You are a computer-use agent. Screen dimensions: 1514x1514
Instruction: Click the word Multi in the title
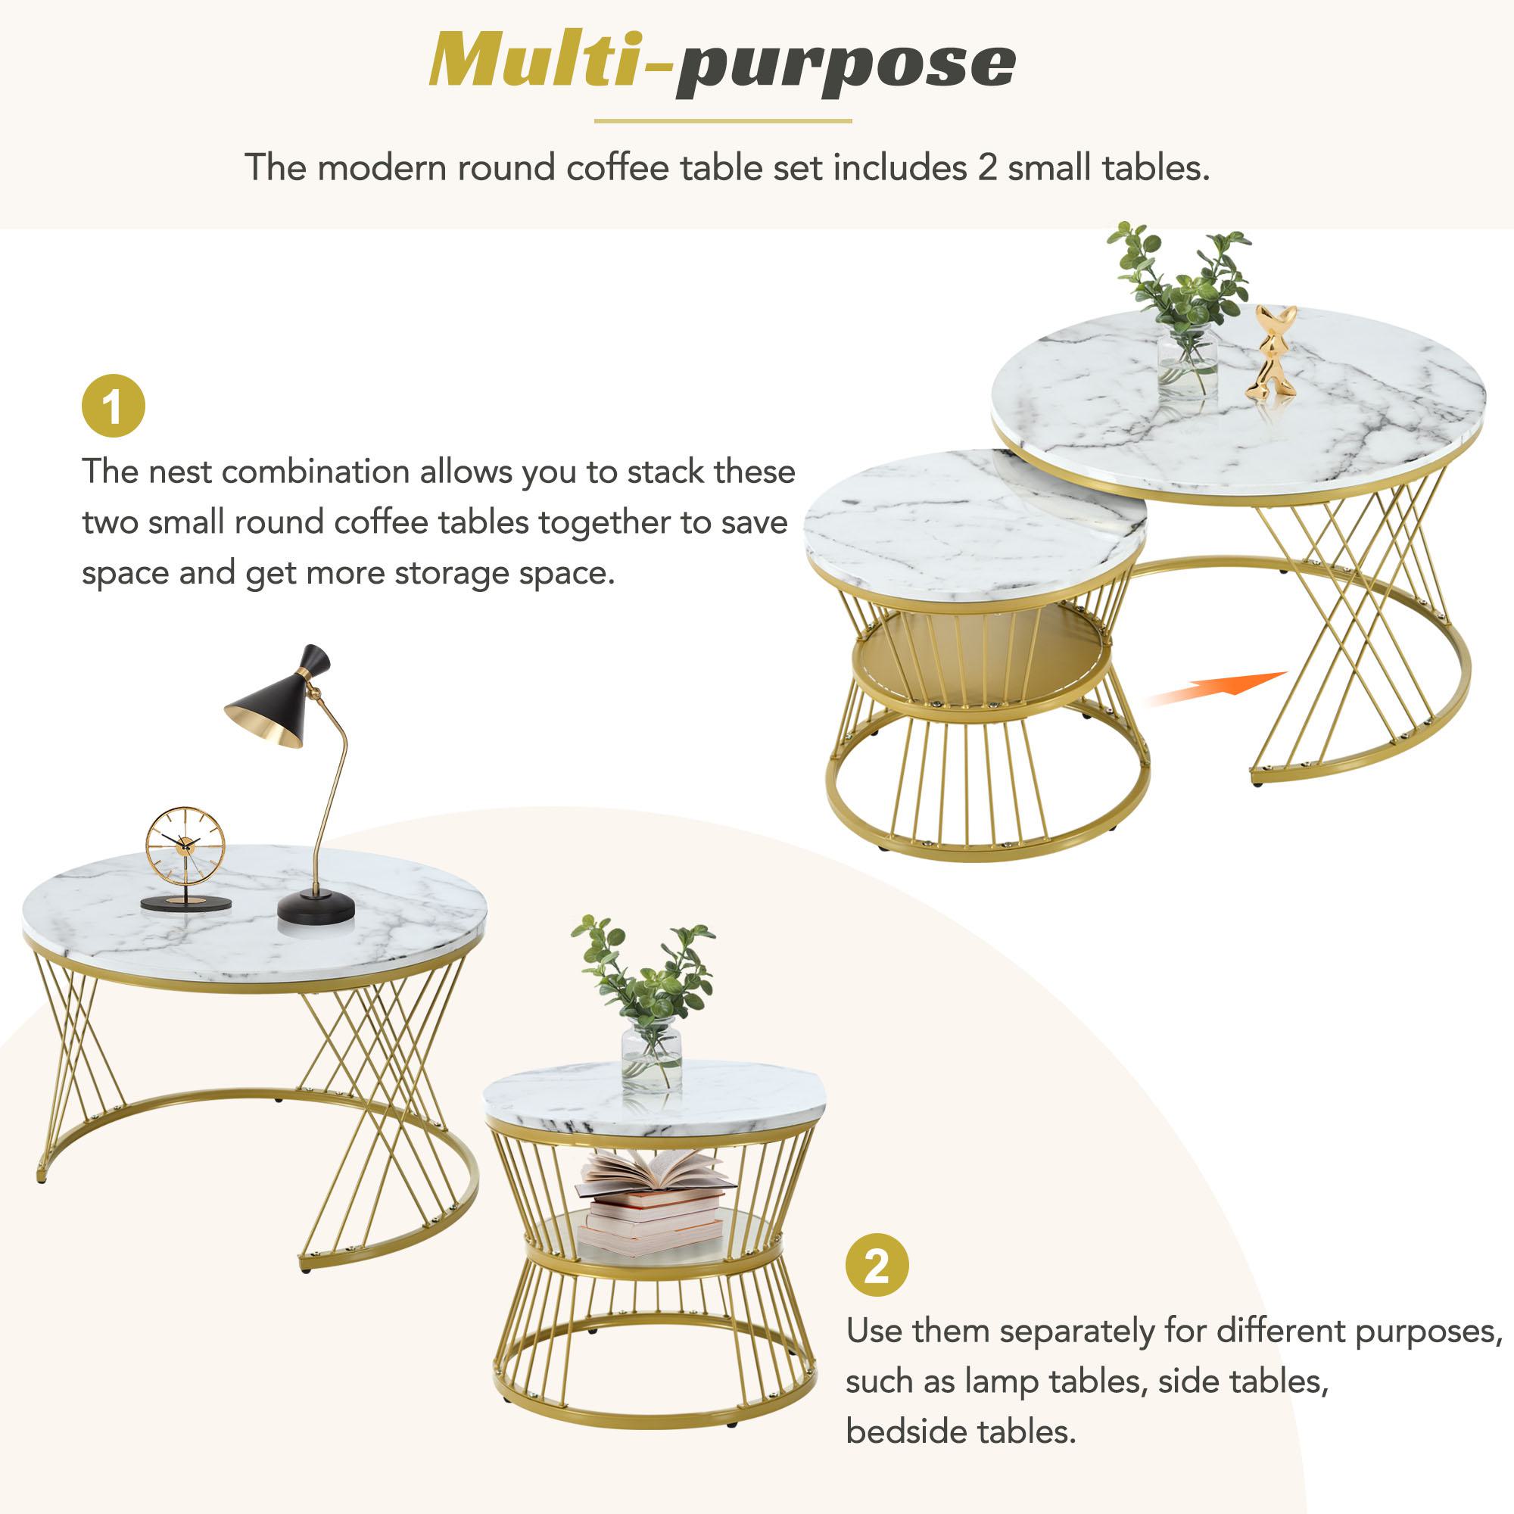pyautogui.click(x=533, y=61)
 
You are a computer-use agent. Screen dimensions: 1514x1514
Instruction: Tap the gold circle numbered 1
pyautogui.click(x=114, y=406)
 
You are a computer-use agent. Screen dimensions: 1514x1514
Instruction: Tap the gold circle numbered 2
pyautogui.click(x=877, y=1266)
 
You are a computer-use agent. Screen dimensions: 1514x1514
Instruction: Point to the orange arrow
pyautogui.click(x=1218, y=689)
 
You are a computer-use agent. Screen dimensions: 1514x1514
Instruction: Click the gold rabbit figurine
pyautogui.click(x=1270, y=354)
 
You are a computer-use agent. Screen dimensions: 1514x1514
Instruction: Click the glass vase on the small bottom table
pyautogui.click(x=651, y=1055)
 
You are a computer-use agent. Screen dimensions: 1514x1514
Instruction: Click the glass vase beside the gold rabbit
pyautogui.click(x=1187, y=362)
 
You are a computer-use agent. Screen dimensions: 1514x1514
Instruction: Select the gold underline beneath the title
pyautogui.click(x=722, y=121)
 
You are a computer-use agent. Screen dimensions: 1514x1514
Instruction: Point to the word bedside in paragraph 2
pyautogui.click(x=902, y=1431)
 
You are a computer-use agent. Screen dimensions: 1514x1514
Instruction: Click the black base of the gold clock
pyautogui.click(x=185, y=904)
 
